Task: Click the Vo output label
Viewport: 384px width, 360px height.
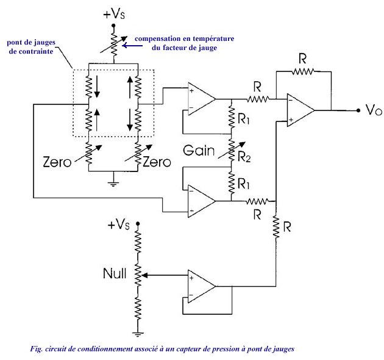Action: point(374,110)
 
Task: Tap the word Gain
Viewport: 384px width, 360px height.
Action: point(199,150)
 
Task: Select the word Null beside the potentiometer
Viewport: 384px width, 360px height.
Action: point(115,273)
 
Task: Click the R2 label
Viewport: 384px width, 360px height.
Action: point(244,157)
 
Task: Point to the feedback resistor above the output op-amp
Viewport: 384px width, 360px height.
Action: point(303,71)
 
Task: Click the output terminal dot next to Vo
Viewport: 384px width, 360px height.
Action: point(358,110)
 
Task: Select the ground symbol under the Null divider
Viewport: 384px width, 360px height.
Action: point(138,334)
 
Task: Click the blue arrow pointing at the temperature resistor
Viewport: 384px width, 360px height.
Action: point(132,46)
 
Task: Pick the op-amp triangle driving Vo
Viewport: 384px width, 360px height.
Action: point(300,110)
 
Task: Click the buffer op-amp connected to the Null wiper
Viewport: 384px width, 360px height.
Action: point(201,286)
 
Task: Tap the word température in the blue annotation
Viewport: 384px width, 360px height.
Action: point(213,39)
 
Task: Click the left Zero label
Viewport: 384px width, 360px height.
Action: point(57,162)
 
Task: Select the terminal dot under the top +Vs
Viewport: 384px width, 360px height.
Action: point(113,25)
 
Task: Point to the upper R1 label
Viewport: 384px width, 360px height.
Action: point(244,119)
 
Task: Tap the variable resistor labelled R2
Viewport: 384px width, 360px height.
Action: point(232,150)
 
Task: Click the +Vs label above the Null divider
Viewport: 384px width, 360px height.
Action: point(118,224)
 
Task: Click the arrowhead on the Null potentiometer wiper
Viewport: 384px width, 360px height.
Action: point(144,276)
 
